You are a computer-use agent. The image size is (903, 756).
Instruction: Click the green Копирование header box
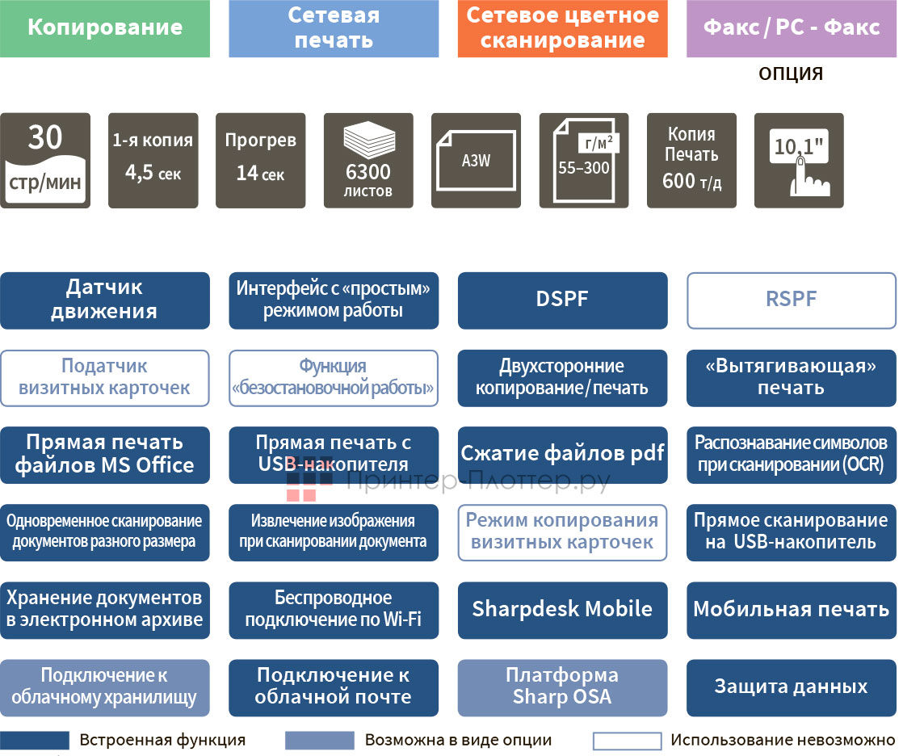pos(105,28)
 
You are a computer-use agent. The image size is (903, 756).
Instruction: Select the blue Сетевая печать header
pos(334,28)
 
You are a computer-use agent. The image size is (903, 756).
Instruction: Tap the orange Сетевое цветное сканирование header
pos(562,28)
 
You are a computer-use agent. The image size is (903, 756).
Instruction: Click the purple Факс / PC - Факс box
pos(791,28)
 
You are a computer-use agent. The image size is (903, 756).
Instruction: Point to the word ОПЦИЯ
pos(791,74)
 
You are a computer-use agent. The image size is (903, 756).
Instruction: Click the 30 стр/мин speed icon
pos(44,161)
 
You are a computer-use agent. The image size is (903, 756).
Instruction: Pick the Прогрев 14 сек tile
pos(260,161)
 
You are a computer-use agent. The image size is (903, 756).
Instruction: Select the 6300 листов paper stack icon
pos(368,161)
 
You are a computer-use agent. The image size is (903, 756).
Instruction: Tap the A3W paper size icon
pos(476,161)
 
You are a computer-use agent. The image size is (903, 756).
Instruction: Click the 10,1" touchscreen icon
pos(799,161)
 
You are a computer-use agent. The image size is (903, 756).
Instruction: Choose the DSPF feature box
pos(562,300)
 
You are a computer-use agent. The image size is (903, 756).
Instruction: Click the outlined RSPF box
pos(791,300)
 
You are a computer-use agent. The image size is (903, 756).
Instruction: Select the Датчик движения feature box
pos(105,300)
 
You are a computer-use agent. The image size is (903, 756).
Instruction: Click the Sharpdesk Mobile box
pos(562,610)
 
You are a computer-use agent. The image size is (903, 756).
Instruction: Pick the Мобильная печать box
pos(791,610)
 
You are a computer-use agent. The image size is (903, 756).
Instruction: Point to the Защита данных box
pos(791,687)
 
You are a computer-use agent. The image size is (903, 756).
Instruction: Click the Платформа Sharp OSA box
pos(562,687)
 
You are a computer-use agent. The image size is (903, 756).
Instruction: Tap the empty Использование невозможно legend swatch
pos(627,741)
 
